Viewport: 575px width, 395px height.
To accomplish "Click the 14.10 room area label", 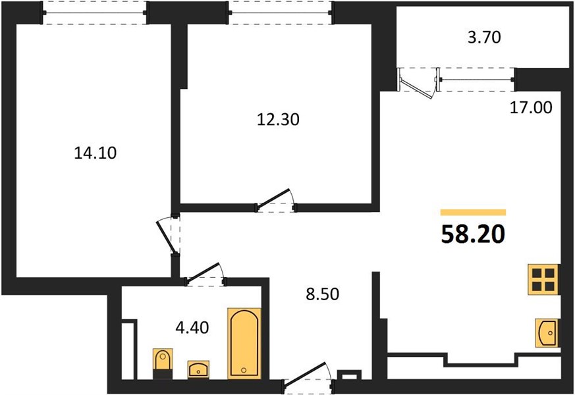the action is (96, 153).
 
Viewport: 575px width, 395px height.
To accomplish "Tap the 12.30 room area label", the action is (278, 119).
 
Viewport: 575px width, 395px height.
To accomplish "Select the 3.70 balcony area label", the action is (484, 38).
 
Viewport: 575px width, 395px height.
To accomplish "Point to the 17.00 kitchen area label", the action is (531, 108).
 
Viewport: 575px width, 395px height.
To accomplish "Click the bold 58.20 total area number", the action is (473, 234).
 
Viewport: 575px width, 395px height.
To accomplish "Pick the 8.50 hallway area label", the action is (323, 294).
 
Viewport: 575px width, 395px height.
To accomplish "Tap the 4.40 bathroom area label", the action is (192, 327).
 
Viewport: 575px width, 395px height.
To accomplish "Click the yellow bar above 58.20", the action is (473, 213).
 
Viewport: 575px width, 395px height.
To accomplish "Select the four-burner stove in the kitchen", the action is (543, 279).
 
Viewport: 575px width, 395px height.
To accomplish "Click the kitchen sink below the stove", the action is (547, 332).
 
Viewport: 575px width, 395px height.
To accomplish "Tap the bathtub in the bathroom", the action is (244, 344).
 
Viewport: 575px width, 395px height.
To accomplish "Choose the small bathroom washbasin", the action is (198, 369).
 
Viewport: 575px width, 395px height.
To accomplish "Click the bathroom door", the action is (204, 274).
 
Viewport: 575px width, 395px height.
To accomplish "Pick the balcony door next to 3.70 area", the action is (418, 84).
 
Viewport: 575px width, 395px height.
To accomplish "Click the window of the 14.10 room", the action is (95, 13).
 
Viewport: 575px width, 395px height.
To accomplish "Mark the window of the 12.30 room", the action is (280, 13).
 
